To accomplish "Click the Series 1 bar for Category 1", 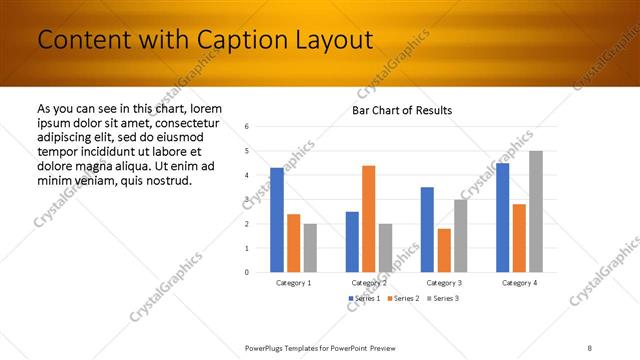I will click(x=277, y=220).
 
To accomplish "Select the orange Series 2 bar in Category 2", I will click(x=368, y=218).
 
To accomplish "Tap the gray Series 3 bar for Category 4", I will click(x=536, y=211).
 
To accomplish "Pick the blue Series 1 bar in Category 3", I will click(x=427, y=229).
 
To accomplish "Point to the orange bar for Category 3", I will click(x=444, y=250).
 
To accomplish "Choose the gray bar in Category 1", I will click(x=310, y=247).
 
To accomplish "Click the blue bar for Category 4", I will click(x=502, y=217).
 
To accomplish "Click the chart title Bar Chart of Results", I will click(x=402, y=110).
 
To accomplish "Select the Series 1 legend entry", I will click(x=364, y=298).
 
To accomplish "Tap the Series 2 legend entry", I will click(x=402, y=298).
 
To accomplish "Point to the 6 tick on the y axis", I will click(x=246, y=127).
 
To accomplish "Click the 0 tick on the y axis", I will click(x=246, y=272).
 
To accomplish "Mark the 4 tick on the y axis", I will click(x=246, y=175).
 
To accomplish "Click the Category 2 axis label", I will click(x=368, y=283).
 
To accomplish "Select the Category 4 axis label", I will click(x=519, y=283).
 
